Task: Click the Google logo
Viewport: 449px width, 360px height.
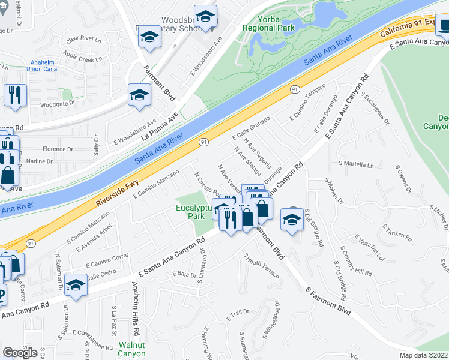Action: [x=20, y=353]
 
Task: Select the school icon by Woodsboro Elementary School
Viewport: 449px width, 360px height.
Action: [x=149, y=37]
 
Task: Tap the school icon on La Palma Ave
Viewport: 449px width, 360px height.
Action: [x=139, y=95]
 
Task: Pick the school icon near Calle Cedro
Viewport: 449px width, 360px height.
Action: [x=76, y=285]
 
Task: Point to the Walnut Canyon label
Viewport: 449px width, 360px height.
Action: [x=131, y=349]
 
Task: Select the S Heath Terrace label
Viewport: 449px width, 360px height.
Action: [x=261, y=265]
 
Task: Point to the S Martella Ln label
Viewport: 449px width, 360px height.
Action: [x=356, y=164]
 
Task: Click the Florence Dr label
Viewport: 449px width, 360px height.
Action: [x=58, y=149]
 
